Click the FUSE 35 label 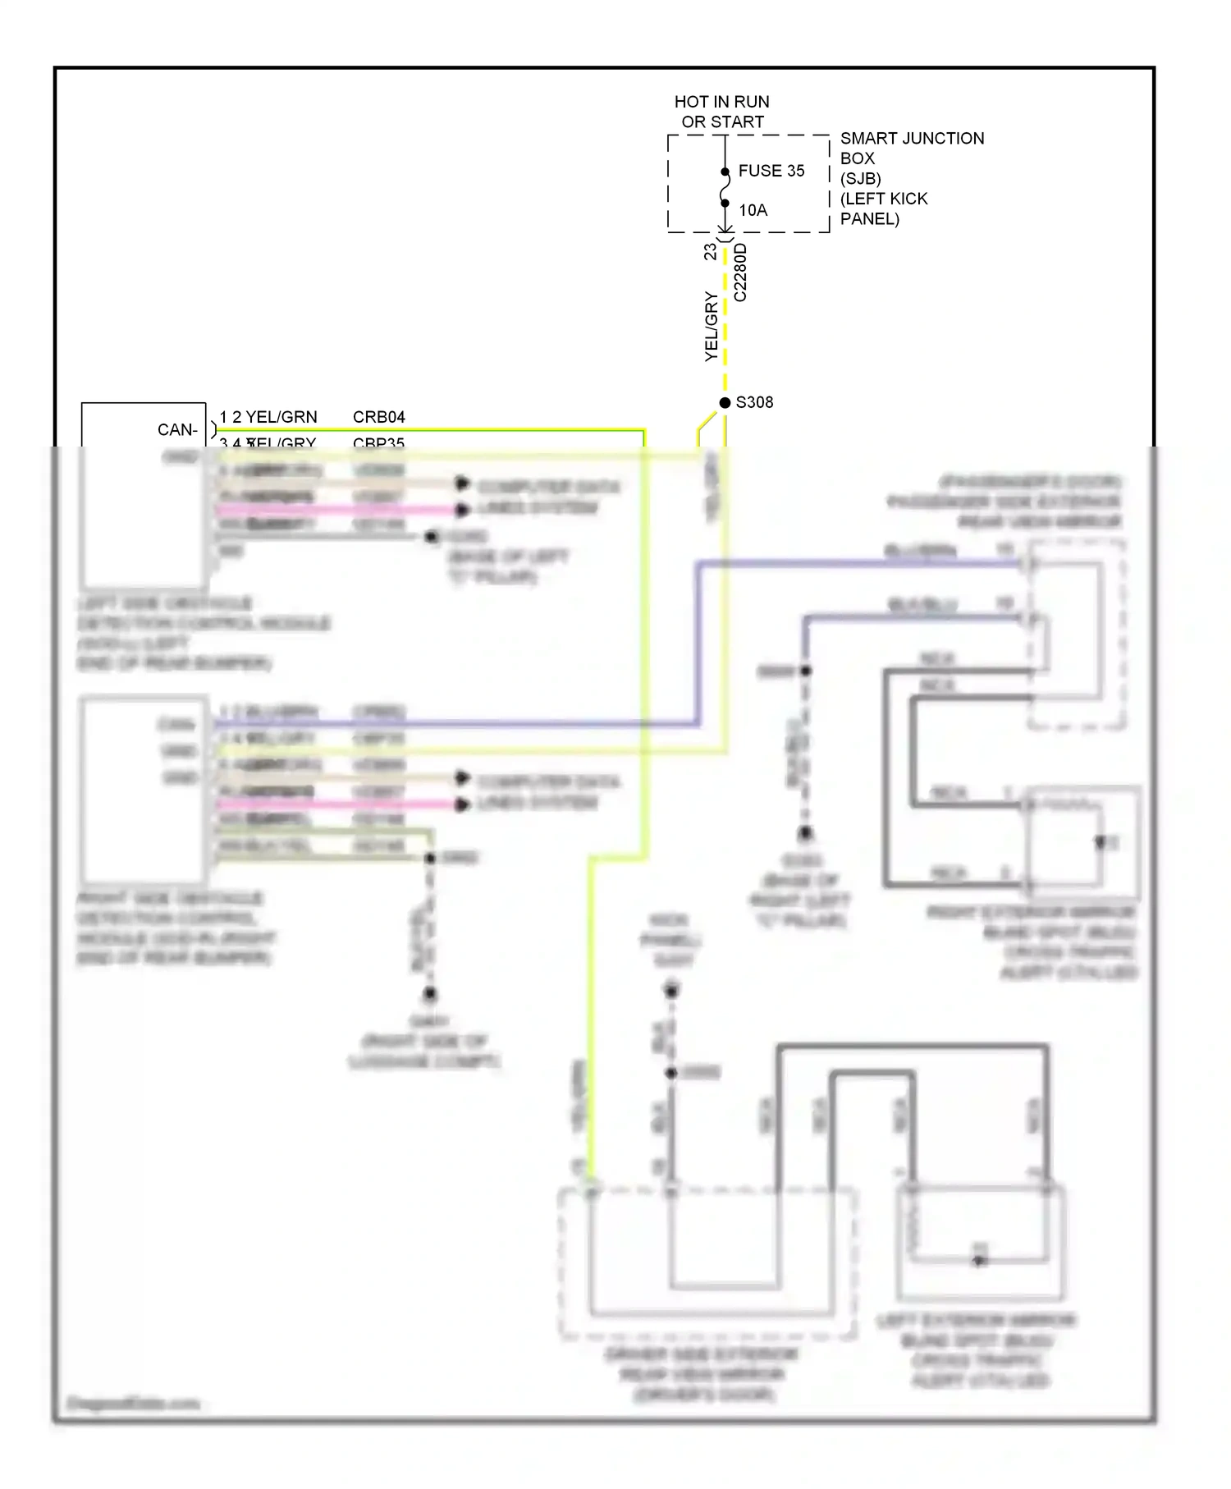tap(771, 171)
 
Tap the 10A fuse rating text tap(753, 210)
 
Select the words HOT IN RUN tap(721, 102)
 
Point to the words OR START tap(722, 121)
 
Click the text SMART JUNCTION tap(912, 138)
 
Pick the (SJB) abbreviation tap(860, 178)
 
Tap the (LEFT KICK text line tap(883, 199)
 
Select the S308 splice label tap(754, 402)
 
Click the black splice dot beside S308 tap(725, 402)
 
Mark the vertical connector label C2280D tap(740, 273)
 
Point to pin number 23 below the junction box tap(710, 252)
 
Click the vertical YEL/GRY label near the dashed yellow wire tap(711, 327)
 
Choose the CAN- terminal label tap(177, 429)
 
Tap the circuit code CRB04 tap(378, 417)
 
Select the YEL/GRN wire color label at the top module tap(281, 417)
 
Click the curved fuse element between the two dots tap(724, 188)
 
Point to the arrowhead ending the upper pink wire tap(462, 510)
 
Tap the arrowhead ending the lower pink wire tap(462, 804)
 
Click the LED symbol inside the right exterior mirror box tap(1101, 842)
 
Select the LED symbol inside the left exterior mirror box tap(979, 1259)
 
